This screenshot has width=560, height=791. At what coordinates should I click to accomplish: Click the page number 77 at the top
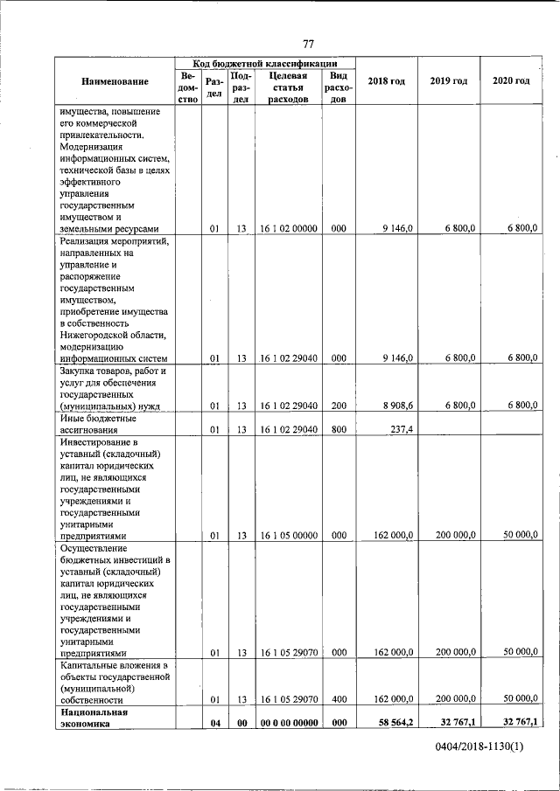click(308, 45)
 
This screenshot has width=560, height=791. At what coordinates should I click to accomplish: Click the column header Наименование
click(115, 81)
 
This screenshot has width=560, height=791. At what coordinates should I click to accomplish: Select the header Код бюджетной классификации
click(266, 64)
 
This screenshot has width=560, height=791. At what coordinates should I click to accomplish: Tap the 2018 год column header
click(386, 81)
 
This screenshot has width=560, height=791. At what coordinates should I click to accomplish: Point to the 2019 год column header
click(448, 81)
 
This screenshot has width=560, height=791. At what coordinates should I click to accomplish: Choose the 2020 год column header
click(511, 81)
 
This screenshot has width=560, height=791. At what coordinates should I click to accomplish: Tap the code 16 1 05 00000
click(288, 535)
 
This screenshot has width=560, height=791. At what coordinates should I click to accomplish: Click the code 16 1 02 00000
click(288, 229)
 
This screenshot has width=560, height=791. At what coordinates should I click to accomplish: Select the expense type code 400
click(339, 699)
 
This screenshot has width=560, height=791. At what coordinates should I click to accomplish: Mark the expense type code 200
click(339, 406)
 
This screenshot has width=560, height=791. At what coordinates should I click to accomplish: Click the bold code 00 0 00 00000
click(288, 722)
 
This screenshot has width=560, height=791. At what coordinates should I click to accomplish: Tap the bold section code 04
click(213, 722)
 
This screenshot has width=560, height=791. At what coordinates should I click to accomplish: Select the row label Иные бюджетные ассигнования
click(97, 423)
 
